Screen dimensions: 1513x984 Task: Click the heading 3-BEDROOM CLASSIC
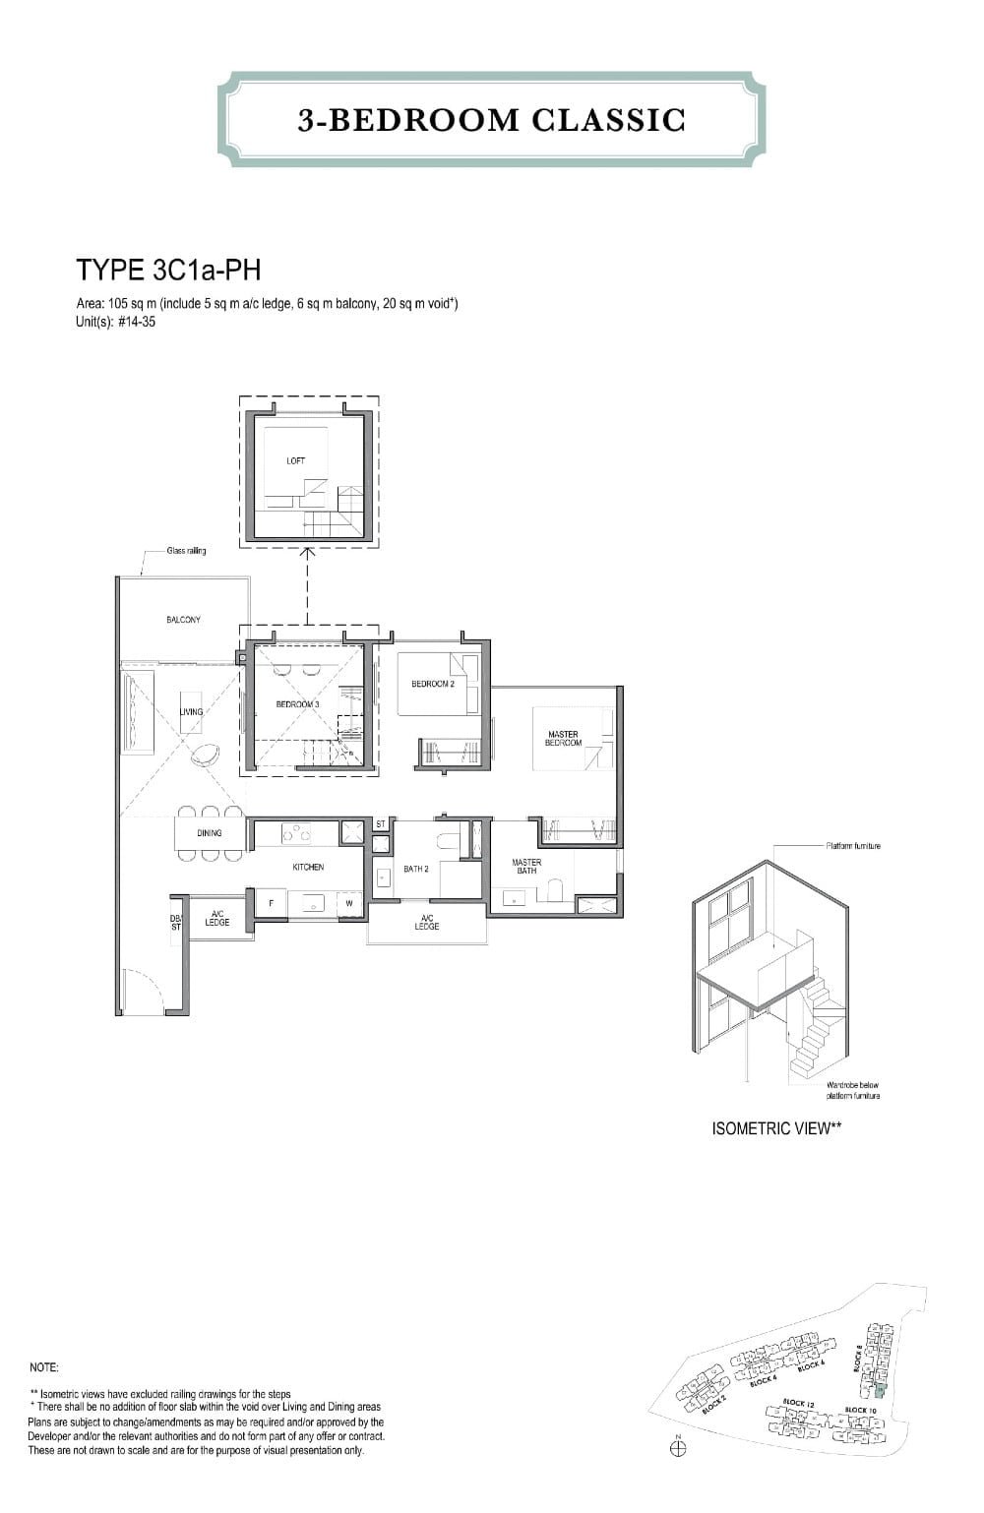coord(491,120)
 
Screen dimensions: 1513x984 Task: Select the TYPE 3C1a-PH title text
coord(168,270)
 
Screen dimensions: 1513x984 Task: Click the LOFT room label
coord(295,460)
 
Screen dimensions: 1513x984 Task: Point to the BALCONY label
coord(183,620)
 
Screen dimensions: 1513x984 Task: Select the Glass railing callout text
coord(187,551)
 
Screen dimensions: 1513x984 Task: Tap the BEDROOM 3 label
coord(297,704)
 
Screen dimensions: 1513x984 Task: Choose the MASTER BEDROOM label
coord(563,738)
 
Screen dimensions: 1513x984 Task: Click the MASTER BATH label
coord(526,866)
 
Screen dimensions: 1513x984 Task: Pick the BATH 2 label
coord(416,869)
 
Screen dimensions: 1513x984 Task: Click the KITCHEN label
coord(308,867)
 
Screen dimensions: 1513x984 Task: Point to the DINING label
coord(209,832)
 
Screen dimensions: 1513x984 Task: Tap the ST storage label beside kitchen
coord(381,824)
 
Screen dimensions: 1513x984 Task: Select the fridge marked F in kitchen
coord(271,902)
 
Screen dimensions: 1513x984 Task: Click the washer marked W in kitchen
coord(348,902)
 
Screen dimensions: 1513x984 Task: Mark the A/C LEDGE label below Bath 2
coord(426,923)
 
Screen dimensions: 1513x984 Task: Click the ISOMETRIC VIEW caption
coord(776,1128)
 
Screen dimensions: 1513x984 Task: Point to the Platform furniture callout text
coord(853,846)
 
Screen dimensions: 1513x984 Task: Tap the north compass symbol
coord(677,1447)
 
